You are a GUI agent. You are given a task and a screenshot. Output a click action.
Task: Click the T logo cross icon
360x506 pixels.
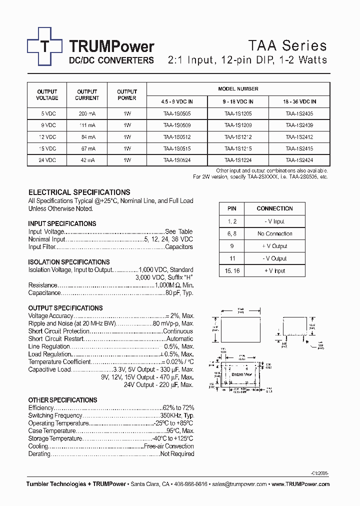tap(45, 46)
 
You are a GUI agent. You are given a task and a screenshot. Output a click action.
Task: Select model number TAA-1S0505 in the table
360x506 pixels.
tap(177, 113)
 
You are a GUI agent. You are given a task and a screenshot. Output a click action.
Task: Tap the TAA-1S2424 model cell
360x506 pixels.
tap(299, 160)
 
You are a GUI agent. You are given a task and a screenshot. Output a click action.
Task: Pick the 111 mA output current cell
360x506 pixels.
tap(87, 125)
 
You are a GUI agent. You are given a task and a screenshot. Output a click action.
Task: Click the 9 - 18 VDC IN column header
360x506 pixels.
tap(238, 101)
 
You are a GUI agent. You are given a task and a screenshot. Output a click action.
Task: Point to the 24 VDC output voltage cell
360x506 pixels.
tap(47, 160)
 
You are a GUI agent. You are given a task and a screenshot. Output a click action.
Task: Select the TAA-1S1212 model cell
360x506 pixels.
tap(238, 136)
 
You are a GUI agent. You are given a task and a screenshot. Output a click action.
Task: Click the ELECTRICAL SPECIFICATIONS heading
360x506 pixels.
tap(79, 192)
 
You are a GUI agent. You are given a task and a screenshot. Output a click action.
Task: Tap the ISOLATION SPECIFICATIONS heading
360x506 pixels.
tap(69, 262)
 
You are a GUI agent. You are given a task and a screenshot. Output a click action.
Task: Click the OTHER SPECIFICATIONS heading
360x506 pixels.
tap(63, 400)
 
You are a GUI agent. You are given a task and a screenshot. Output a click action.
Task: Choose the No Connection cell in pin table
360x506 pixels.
tap(274, 233)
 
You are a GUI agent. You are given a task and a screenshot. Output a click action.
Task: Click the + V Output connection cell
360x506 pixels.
tap(274, 246)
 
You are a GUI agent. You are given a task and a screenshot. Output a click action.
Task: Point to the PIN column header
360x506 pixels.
tap(231, 208)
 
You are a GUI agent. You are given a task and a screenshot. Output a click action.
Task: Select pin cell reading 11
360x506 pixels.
tap(231, 258)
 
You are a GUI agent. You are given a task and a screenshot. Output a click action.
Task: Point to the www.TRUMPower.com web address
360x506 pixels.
tap(301, 484)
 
